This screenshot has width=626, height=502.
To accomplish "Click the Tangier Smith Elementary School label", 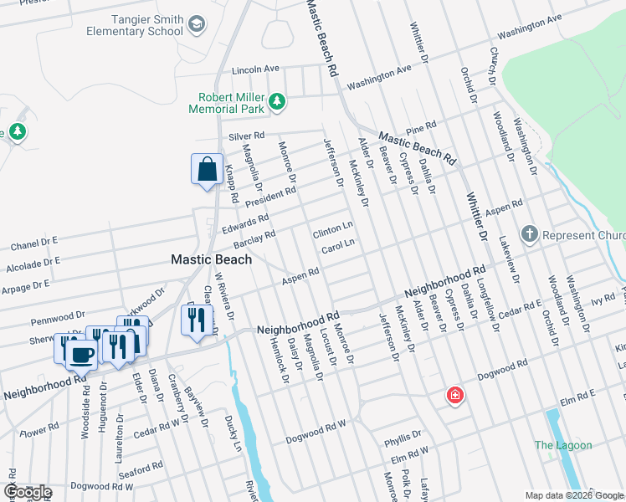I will [134, 24].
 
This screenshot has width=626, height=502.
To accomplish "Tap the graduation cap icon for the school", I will [197, 24].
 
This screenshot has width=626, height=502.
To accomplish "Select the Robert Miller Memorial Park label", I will [225, 103].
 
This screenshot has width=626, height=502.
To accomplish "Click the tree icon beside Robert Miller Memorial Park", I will [277, 103].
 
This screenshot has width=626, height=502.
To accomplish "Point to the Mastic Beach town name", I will [211, 259].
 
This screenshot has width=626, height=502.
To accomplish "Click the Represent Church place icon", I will [529, 235].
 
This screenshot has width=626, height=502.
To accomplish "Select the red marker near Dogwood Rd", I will [454, 394].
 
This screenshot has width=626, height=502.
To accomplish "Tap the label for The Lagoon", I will [563, 446].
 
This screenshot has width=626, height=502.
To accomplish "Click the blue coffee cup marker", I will [81, 353].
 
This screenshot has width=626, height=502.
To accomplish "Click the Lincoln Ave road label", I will [255, 69].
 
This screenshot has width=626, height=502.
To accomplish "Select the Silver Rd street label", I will [246, 136].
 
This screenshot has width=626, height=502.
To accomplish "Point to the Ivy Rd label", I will [578, 299].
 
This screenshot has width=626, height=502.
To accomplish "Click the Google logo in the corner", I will [28, 492].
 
